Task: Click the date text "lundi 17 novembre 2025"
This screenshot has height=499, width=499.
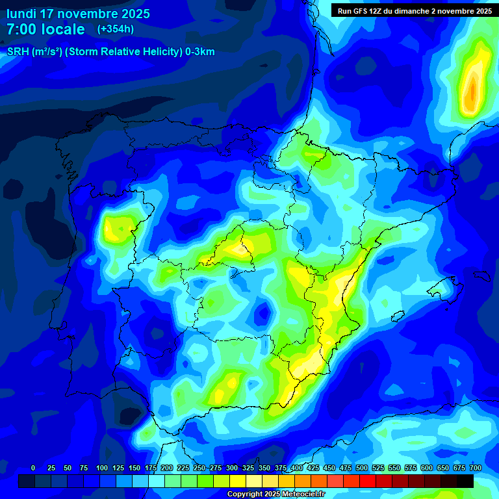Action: (x=78, y=14)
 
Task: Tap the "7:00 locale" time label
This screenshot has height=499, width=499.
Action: (x=45, y=29)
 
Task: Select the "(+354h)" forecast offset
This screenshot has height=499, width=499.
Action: (x=116, y=29)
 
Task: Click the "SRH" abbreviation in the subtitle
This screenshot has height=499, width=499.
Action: (x=18, y=52)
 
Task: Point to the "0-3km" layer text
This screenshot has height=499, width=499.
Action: (x=199, y=52)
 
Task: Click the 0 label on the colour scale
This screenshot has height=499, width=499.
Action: (x=33, y=468)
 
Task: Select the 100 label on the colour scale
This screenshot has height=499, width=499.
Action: (x=101, y=468)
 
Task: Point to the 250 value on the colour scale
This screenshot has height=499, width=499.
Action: (x=199, y=468)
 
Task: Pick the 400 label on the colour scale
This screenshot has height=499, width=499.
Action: (x=297, y=468)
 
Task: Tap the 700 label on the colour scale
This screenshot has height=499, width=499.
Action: (x=475, y=468)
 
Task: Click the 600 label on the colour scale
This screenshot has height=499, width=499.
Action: (x=427, y=468)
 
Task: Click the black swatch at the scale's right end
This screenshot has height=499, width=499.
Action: (x=465, y=481)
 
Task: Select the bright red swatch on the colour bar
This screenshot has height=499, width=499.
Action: (x=368, y=481)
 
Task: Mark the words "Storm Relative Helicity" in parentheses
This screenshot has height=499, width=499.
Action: (x=123, y=52)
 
